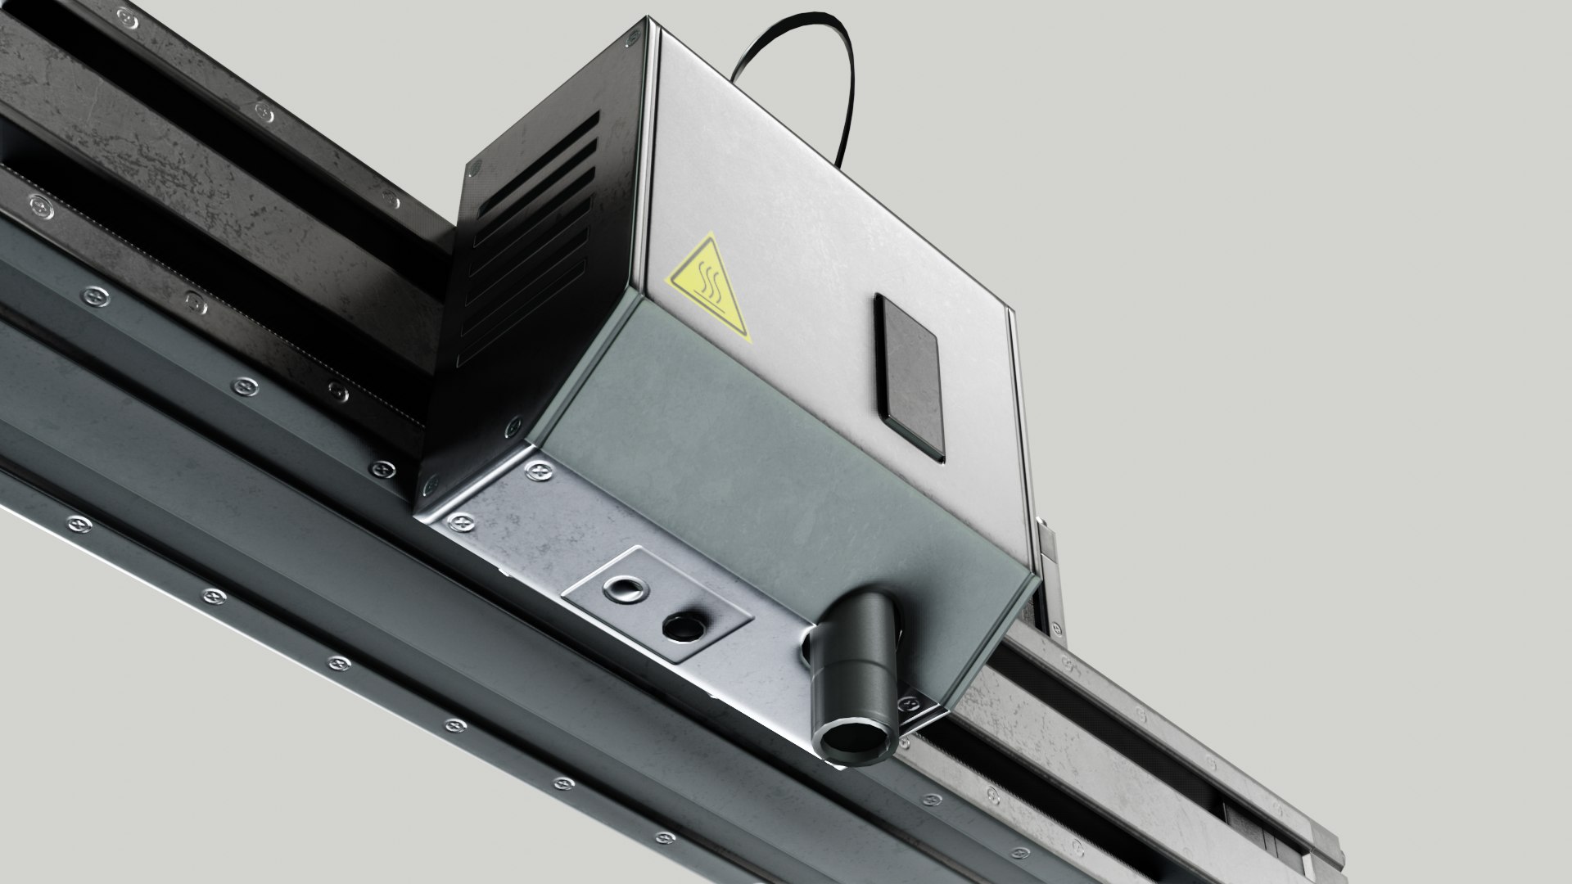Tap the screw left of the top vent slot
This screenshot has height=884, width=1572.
click(x=474, y=168)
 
